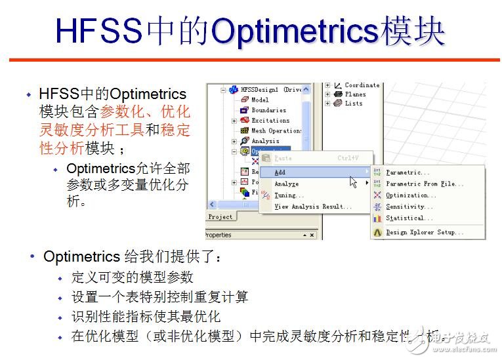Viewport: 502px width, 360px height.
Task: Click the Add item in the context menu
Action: pos(280,172)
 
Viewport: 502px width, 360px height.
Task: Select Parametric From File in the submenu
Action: pos(420,184)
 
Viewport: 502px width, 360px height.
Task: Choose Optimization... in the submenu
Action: pos(411,195)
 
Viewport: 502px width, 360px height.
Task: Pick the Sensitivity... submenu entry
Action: pos(409,207)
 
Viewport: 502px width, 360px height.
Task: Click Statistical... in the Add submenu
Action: pos(409,218)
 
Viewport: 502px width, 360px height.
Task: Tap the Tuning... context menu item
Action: pos(289,195)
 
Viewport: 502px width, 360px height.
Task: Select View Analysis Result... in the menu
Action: pos(312,207)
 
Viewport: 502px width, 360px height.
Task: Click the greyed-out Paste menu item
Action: pos(283,158)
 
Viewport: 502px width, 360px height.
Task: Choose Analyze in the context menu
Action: pos(286,184)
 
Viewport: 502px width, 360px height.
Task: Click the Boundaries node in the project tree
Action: pos(268,110)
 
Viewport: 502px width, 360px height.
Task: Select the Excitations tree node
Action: pos(270,121)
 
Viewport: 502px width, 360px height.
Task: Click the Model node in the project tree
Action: pos(260,100)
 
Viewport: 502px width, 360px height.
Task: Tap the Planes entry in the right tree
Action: pos(355,94)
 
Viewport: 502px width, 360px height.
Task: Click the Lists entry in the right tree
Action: pos(353,104)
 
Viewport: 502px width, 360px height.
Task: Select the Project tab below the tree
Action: pos(220,217)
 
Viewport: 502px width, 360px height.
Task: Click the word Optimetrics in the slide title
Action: pos(295,31)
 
